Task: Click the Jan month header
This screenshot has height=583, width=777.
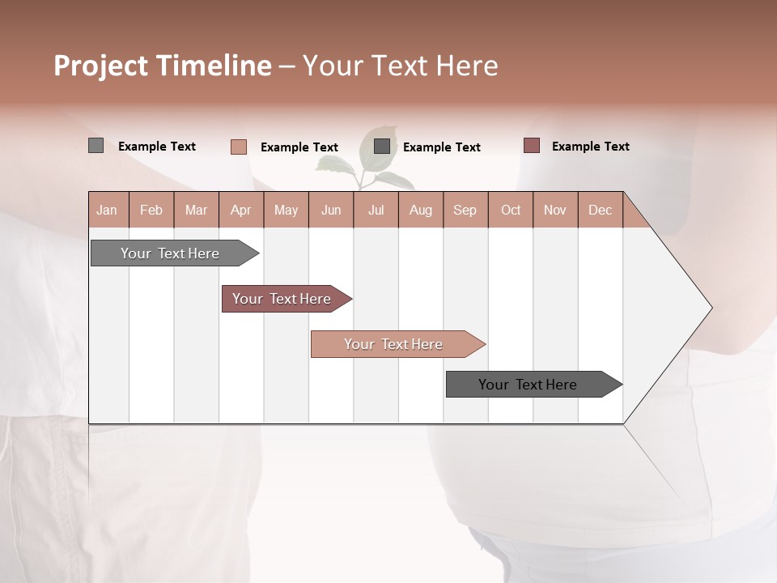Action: pyautogui.click(x=107, y=210)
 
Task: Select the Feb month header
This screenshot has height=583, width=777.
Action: pyautogui.click(x=151, y=210)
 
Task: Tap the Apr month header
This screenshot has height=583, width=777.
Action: pyautogui.click(x=240, y=210)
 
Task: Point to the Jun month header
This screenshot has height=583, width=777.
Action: pyautogui.click(x=331, y=210)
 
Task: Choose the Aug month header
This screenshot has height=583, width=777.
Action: pyautogui.click(x=420, y=210)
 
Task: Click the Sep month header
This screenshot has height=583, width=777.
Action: pyautogui.click(x=465, y=210)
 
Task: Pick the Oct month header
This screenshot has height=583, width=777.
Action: pyautogui.click(x=511, y=210)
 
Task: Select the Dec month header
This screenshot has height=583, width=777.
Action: pyautogui.click(x=600, y=210)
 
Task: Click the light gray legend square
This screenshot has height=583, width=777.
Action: pyautogui.click(x=96, y=146)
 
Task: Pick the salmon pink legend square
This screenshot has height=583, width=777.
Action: pyautogui.click(x=238, y=147)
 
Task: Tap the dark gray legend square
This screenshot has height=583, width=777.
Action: pyautogui.click(x=382, y=147)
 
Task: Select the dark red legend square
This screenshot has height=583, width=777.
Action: pyautogui.click(x=531, y=146)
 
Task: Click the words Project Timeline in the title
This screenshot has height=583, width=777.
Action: pyautogui.click(x=162, y=66)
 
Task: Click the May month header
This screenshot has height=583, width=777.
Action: pyautogui.click(x=286, y=210)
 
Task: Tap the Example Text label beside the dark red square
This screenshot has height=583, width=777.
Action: pyautogui.click(x=590, y=147)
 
